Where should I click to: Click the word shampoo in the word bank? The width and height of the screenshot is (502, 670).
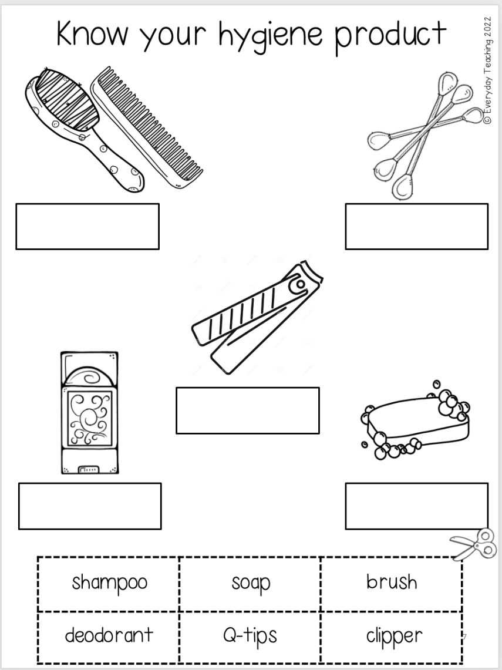(x=109, y=583)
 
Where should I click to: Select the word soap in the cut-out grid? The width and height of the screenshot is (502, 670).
(x=251, y=583)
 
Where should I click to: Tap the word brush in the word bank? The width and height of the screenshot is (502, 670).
(x=392, y=582)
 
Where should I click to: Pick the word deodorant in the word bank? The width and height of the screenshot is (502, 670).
(x=109, y=635)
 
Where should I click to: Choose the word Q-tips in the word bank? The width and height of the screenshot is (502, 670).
(x=250, y=635)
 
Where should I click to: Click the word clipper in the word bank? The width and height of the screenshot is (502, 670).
(x=394, y=635)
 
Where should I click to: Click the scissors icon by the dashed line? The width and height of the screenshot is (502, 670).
(x=474, y=545)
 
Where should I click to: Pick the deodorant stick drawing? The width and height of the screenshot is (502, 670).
(x=89, y=412)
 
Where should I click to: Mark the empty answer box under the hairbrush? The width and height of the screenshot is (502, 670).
(x=87, y=227)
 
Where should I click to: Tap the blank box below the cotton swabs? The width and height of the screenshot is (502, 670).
(x=416, y=227)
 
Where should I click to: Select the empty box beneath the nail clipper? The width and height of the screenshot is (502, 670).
(x=247, y=410)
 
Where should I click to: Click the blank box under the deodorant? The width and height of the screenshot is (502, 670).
(x=90, y=506)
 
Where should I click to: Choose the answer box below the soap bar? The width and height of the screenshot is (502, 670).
(x=416, y=506)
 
